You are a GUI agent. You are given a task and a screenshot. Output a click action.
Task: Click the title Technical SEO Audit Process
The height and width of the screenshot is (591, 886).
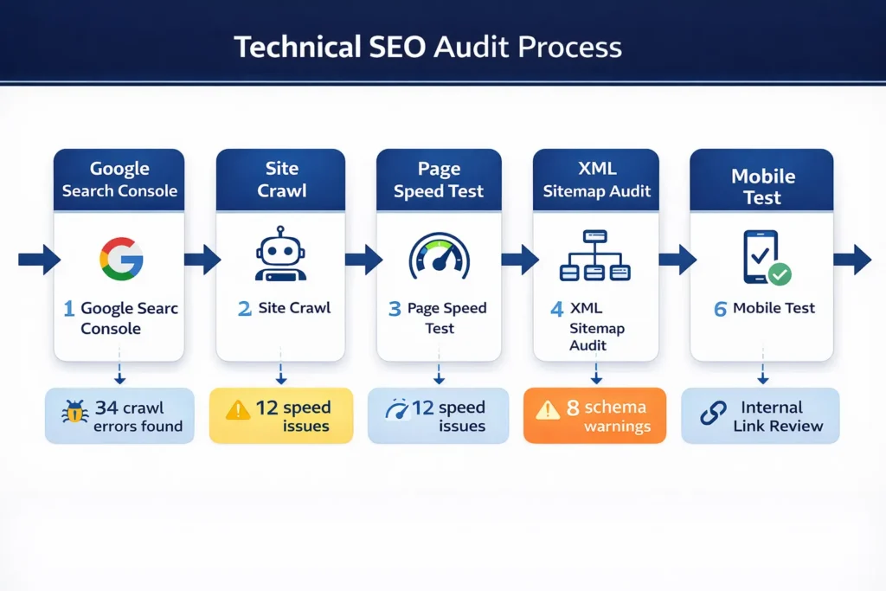427,47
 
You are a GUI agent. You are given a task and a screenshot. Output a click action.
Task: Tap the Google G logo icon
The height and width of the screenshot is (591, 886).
121,257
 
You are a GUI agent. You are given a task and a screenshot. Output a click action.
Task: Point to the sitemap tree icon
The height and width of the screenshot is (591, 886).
595,256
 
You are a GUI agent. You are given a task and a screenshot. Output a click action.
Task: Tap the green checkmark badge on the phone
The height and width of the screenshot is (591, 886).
780,275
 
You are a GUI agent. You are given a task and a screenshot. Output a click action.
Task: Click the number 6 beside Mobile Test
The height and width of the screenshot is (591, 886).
720,309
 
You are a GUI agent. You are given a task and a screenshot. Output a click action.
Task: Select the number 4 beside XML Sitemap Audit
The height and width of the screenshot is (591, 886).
556,309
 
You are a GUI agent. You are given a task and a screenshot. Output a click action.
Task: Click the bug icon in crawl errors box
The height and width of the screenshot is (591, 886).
74,413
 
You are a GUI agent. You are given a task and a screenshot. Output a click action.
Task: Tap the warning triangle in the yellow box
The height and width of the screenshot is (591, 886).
237,409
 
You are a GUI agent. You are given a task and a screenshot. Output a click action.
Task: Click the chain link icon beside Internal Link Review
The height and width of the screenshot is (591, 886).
713,414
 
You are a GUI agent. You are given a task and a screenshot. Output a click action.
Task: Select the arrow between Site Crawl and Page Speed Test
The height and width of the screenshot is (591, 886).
363,258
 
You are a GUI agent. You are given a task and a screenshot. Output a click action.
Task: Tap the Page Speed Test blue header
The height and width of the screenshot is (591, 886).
439,180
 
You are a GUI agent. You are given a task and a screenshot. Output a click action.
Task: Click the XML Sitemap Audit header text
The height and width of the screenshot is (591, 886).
597,180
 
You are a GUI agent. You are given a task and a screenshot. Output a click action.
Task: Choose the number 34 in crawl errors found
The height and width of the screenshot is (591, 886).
106,408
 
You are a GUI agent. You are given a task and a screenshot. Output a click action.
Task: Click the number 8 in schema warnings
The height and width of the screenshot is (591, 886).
573,408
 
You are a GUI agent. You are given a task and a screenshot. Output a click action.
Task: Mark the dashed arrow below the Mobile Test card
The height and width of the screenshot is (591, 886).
762,373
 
